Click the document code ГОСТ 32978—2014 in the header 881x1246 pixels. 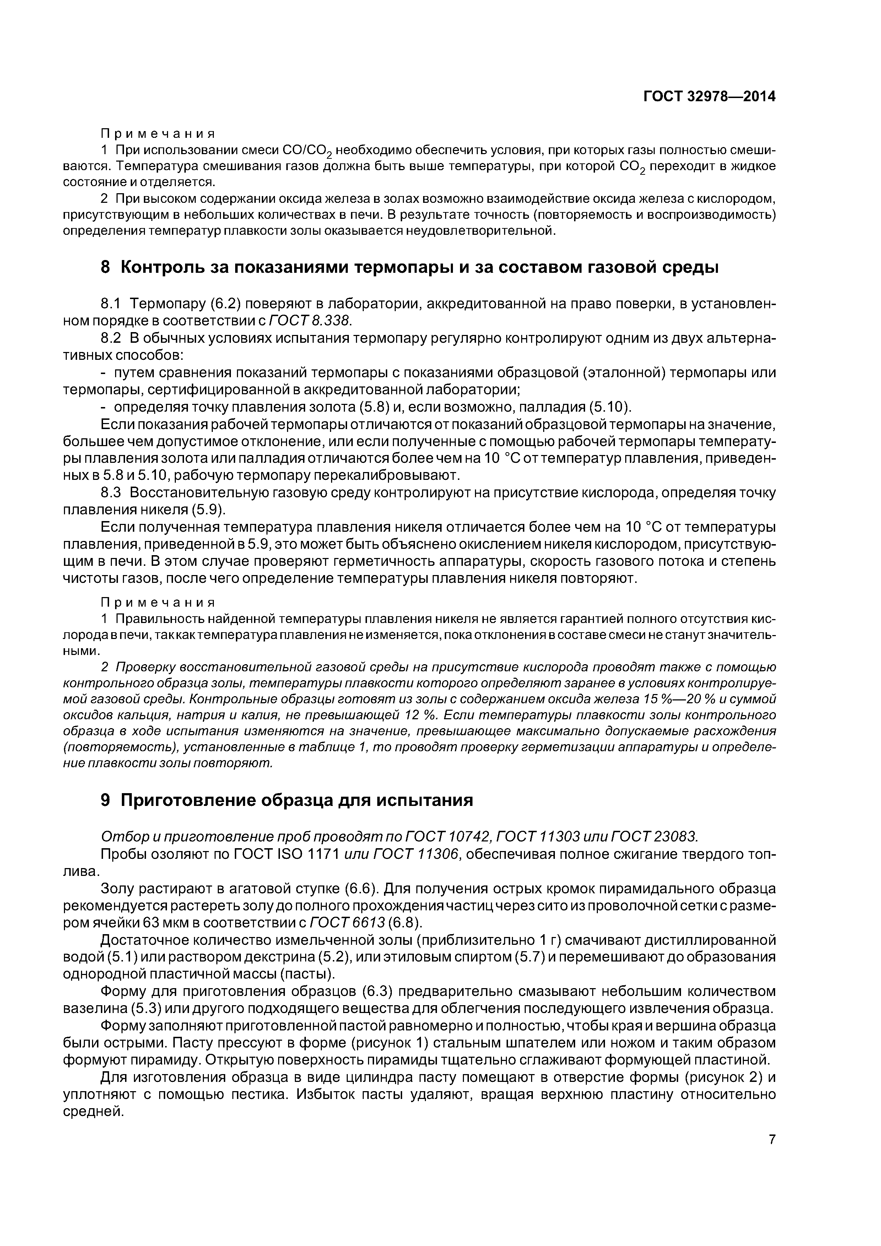pyautogui.click(x=709, y=97)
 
